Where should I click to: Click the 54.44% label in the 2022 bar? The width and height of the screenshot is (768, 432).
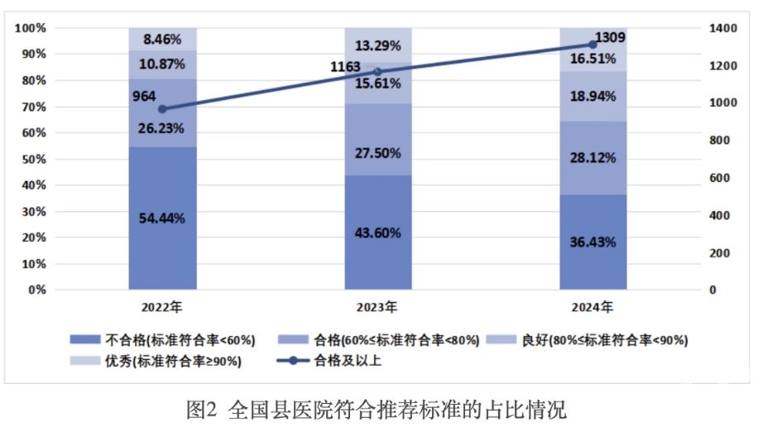tap(161, 218)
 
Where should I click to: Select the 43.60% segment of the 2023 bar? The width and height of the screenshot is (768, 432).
tap(378, 233)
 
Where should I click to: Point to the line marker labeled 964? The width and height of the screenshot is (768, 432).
tap(162, 109)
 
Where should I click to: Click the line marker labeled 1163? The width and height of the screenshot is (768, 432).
tap(378, 72)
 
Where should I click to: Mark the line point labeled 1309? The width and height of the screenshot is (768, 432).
tap(593, 45)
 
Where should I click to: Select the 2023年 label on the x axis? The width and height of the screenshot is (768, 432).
tap(378, 308)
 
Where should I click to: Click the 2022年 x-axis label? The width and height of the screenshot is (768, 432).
tap(161, 308)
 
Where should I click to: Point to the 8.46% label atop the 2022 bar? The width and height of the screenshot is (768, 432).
tap(161, 38)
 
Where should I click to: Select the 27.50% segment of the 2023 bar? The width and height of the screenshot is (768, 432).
tap(378, 153)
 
